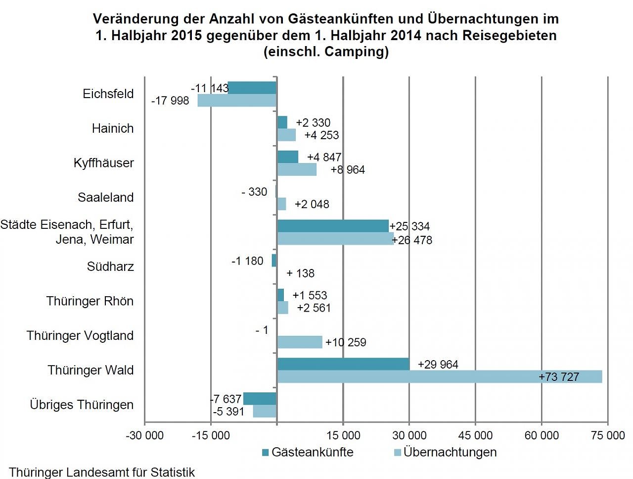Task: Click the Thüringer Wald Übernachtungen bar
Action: coord(439,376)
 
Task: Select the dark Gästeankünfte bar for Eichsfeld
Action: coord(252,88)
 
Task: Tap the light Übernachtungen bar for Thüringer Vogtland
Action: coord(300,342)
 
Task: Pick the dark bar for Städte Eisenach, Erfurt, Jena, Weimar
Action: coord(333,226)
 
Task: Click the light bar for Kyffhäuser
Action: coord(297,169)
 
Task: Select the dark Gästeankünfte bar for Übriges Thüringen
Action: coord(260,398)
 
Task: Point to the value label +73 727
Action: coord(558,377)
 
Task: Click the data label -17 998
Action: coord(170,101)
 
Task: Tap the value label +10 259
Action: coord(346,342)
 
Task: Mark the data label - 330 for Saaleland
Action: coord(254,192)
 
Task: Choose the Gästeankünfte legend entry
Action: coord(308,452)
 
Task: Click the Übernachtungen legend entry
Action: coord(445,452)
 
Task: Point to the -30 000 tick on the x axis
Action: coord(144,435)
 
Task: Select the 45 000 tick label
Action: coord(475,435)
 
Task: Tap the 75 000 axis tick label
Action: coord(608,435)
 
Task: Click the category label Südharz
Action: coord(110,266)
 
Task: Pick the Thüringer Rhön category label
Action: coord(90,301)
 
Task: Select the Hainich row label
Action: coord(113,128)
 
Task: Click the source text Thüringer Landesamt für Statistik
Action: coord(102,472)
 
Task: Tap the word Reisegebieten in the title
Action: coord(509,35)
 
